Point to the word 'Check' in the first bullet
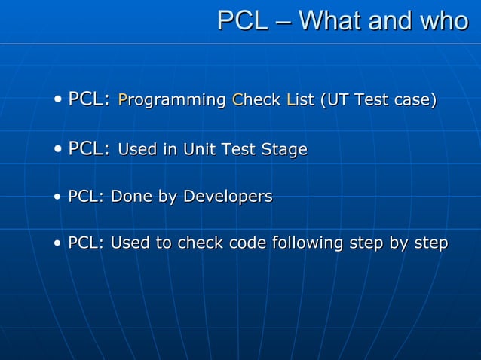point(256,100)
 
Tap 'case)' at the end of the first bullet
point(414,100)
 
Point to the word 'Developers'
point(228,197)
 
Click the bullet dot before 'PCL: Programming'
point(59,101)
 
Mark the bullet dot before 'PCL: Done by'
point(59,198)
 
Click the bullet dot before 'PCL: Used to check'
point(59,245)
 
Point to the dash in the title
point(283,22)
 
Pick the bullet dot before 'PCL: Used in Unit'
point(59,151)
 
